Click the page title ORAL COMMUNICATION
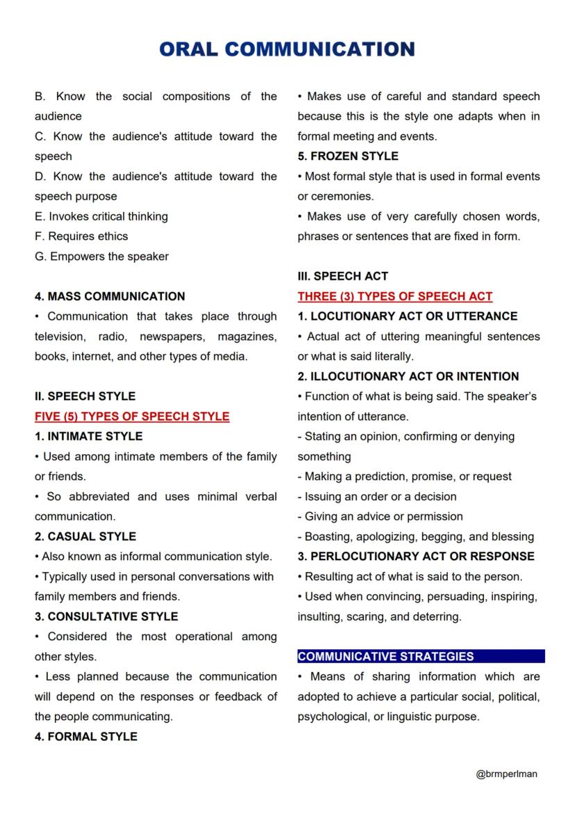coord(287,49)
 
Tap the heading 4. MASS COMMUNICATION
coord(110,296)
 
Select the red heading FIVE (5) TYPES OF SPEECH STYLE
coord(132,416)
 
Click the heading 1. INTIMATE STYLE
coord(88,437)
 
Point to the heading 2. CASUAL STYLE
coord(85,537)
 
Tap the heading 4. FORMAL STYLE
coord(86,737)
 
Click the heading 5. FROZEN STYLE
coord(348,156)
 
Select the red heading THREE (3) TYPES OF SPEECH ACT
coord(395,296)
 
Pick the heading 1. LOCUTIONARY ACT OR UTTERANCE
coord(408,316)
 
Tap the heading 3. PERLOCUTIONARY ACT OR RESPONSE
coord(416,557)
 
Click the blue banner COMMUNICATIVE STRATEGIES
coord(386,657)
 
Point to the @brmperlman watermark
coord(507,774)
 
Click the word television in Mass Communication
coord(60,336)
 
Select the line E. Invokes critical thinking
coord(101,216)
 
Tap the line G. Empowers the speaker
coord(101,257)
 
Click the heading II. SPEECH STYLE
coord(85,396)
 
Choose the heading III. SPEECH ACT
coord(343,276)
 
